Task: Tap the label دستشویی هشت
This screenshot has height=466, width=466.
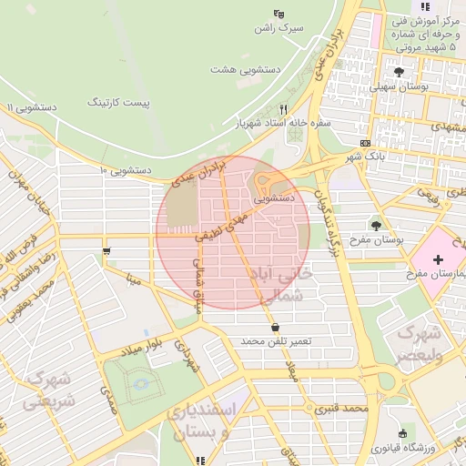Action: pos(246,69)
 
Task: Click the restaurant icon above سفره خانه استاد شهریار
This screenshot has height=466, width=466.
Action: pos(282,109)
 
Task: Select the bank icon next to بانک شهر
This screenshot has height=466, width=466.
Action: pos(365,143)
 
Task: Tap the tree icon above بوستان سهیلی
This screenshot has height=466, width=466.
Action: pos(399,71)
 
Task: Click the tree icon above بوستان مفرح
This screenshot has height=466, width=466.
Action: pos(376,224)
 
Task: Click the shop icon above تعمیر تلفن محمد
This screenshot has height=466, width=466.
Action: pos(275,328)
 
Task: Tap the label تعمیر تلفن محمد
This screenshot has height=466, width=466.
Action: pos(276,341)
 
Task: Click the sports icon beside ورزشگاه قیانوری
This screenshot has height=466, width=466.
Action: pos(401,432)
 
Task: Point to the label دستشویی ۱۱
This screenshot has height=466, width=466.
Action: pos(32,107)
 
